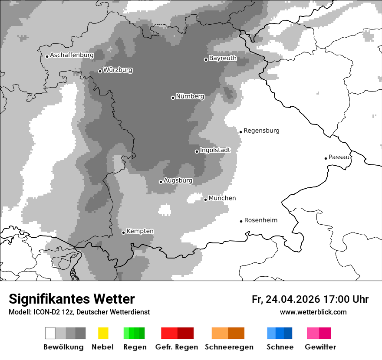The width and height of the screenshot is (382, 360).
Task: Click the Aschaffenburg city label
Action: click(x=72, y=56)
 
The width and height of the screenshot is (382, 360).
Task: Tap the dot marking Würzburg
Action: click(x=100, y=71)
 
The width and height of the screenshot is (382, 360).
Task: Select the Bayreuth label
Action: click(x=223, y=58)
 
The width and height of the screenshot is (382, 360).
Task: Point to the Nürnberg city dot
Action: click(x=173, y=98)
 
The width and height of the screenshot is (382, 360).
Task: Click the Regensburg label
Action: click(x=261, y=131)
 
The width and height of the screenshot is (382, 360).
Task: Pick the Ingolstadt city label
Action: click(x=215, y=150)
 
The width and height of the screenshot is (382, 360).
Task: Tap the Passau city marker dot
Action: click(x=326, y=158)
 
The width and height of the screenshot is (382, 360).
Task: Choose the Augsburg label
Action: click(x=178, y=180)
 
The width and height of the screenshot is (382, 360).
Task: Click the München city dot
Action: click(x=205, y=200)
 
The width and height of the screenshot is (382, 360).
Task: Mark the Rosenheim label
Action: click(x=260, y=220)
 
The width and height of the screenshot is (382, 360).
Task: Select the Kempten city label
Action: click(x=140, y=231)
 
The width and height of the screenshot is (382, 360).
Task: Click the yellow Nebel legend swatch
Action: click(x=103, y=333)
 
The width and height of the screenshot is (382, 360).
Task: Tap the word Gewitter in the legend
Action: click(x=320, y=347)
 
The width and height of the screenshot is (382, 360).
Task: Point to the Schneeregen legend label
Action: click(x=229, y=347)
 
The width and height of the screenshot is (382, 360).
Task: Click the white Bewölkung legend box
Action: click(x=50, y=333)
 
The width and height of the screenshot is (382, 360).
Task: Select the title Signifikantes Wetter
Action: click(x=72, y=299)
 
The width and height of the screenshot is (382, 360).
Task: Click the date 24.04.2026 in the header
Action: click(x=293, y=299)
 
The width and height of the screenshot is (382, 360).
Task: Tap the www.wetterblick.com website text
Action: click(x=313, y=312)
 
